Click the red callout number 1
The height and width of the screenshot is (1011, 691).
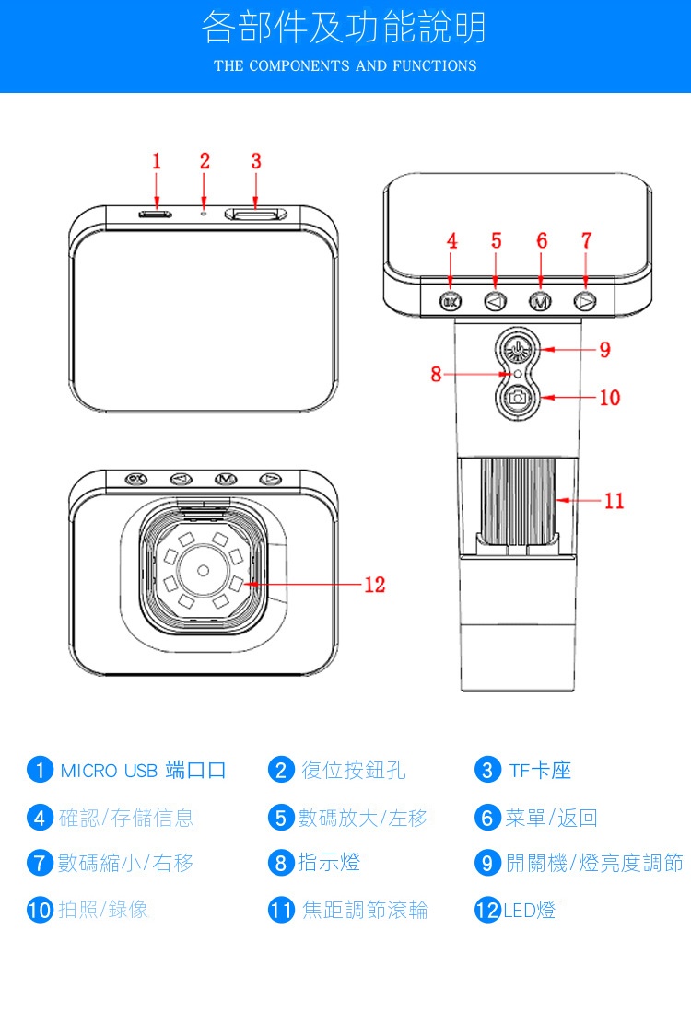pos(157,161)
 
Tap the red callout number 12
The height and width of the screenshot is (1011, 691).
pos(374,585)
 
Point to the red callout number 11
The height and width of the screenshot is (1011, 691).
pos(614,500)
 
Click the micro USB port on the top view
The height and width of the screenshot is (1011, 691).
pos(156,215)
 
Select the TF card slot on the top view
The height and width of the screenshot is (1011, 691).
pos(256,215)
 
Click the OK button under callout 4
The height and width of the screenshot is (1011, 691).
pos(450,301)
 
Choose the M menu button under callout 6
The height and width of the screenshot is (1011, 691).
pos(540,301)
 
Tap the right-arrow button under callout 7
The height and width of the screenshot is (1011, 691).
pos(585,301)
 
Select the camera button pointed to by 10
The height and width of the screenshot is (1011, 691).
pos(518,398)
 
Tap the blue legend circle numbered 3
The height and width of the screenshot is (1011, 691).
pos(487,770)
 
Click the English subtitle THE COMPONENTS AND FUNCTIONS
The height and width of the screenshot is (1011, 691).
pos(345,65)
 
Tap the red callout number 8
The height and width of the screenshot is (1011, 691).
pos(436,374)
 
